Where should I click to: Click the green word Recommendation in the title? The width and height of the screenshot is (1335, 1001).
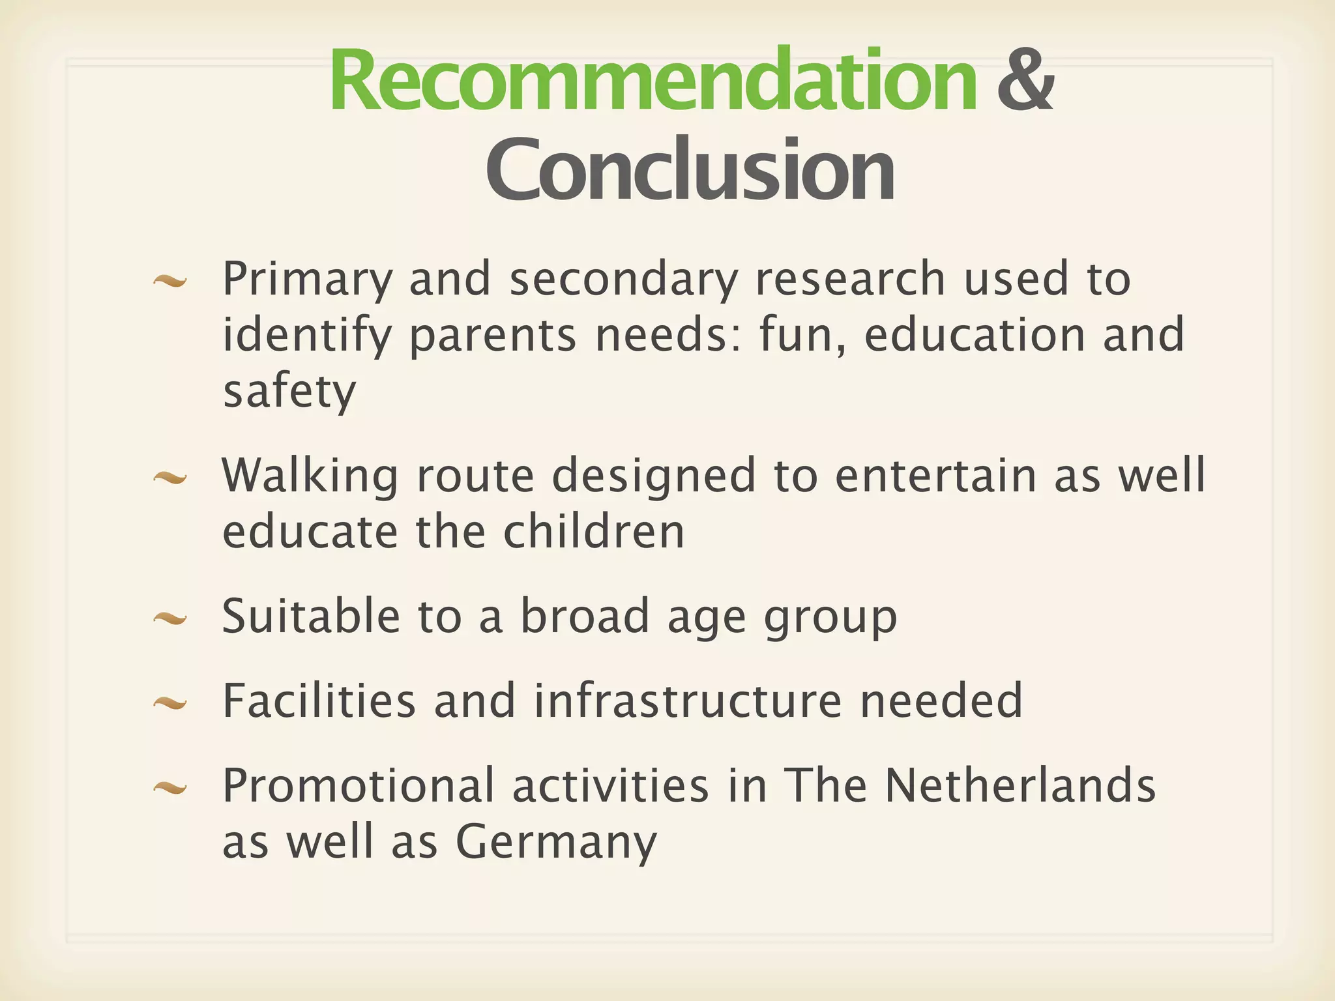click(x=653, y=81)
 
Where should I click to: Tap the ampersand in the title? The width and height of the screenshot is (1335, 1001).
click(x=1025, y=81)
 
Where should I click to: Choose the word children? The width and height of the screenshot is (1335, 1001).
click(x=594, y=532)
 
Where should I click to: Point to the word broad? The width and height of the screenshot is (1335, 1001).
click(x=585, y=616)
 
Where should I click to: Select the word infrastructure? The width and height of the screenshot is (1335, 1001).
click(x=688, y=701)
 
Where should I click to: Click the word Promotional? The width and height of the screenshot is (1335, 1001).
click(x=358, y=786)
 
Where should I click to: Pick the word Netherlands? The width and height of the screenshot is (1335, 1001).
click(x=1020, y=785)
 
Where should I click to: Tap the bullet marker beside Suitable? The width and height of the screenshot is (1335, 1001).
click(x=170, y=618)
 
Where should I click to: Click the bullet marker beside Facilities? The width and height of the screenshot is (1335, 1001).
click(x=170, y=703)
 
